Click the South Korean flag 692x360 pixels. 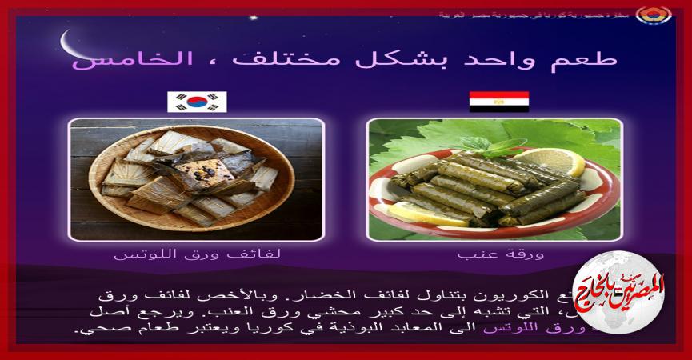197,102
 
